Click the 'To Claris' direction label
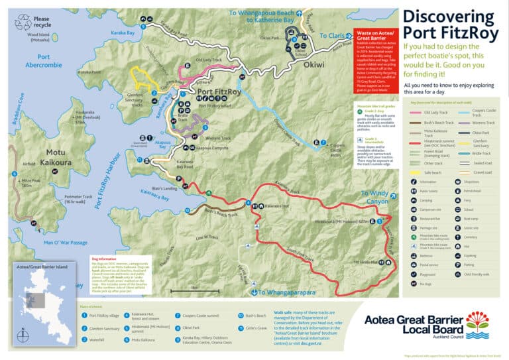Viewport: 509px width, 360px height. coord(333,35)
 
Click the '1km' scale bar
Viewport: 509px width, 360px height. coord(195,288)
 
